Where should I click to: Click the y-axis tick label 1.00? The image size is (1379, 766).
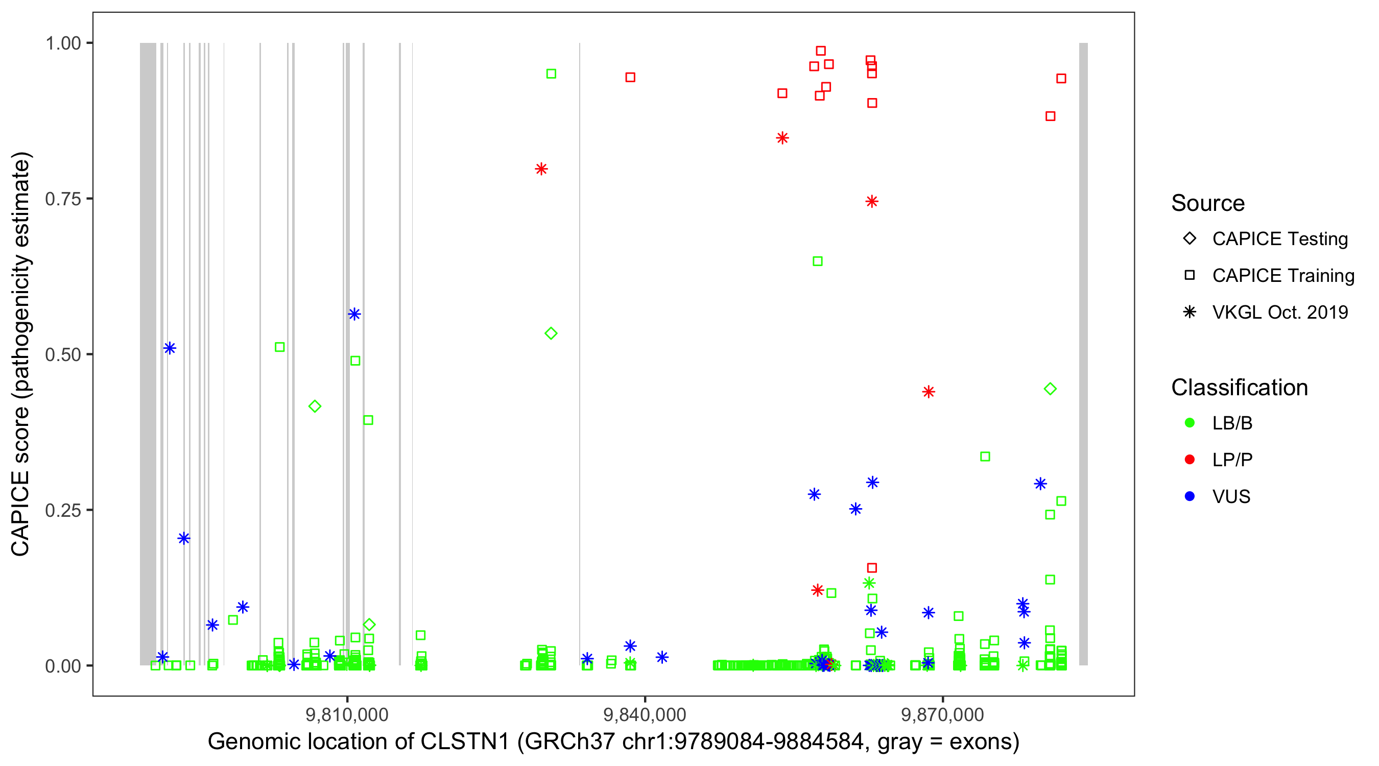point(63,43)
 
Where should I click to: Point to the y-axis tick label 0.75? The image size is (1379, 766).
point(63,199)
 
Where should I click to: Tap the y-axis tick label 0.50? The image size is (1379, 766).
point(63,354)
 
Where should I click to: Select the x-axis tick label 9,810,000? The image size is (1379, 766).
point(347,714)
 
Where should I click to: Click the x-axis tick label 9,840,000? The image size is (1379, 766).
point(645,714)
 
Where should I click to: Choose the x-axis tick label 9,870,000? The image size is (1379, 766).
point(942,714)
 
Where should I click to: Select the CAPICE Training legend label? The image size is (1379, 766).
point(1283,276)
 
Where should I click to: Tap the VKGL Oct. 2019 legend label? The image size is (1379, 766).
point(1280,312)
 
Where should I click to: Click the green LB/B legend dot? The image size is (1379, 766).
point(1190,423)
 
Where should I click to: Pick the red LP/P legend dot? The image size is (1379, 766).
point(1190,460)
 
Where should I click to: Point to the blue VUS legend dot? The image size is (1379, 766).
point(1190,496)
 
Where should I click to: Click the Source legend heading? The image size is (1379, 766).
point(1208,203)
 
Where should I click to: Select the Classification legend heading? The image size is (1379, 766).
point(1239,388)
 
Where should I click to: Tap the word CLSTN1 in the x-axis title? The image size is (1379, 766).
point(465,742)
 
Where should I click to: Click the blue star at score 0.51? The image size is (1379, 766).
point(170,348)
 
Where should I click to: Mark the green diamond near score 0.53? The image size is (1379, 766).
point(551,333)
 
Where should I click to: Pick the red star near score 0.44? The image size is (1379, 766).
point(928,392)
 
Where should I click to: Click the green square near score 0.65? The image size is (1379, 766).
point(818,261)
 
